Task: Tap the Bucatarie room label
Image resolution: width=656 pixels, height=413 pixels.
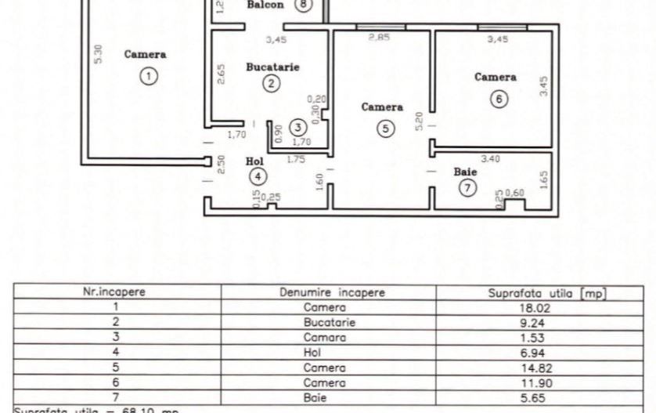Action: (272, 67)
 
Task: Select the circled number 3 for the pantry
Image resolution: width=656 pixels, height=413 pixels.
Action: (297, 126)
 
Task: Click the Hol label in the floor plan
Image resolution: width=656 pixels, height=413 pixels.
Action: (254, 161)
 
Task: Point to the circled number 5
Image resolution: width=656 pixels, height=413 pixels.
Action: (384, 129)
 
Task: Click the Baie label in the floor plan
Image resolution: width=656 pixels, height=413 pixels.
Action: (466, 171)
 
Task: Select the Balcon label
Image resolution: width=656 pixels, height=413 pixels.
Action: (265, 5)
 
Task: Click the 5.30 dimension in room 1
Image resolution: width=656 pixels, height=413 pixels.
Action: (97, 54)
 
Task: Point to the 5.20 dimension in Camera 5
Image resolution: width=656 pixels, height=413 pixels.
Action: (420, 121)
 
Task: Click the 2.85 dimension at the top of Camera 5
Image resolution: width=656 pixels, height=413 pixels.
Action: (379, 37)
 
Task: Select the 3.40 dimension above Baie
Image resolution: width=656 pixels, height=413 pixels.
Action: (490, 159)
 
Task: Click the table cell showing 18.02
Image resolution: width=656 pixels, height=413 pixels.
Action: (548, 308)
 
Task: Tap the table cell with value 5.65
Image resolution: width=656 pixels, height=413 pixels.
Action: (548, 397)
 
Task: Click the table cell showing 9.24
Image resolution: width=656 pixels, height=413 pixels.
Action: (548, 322)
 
